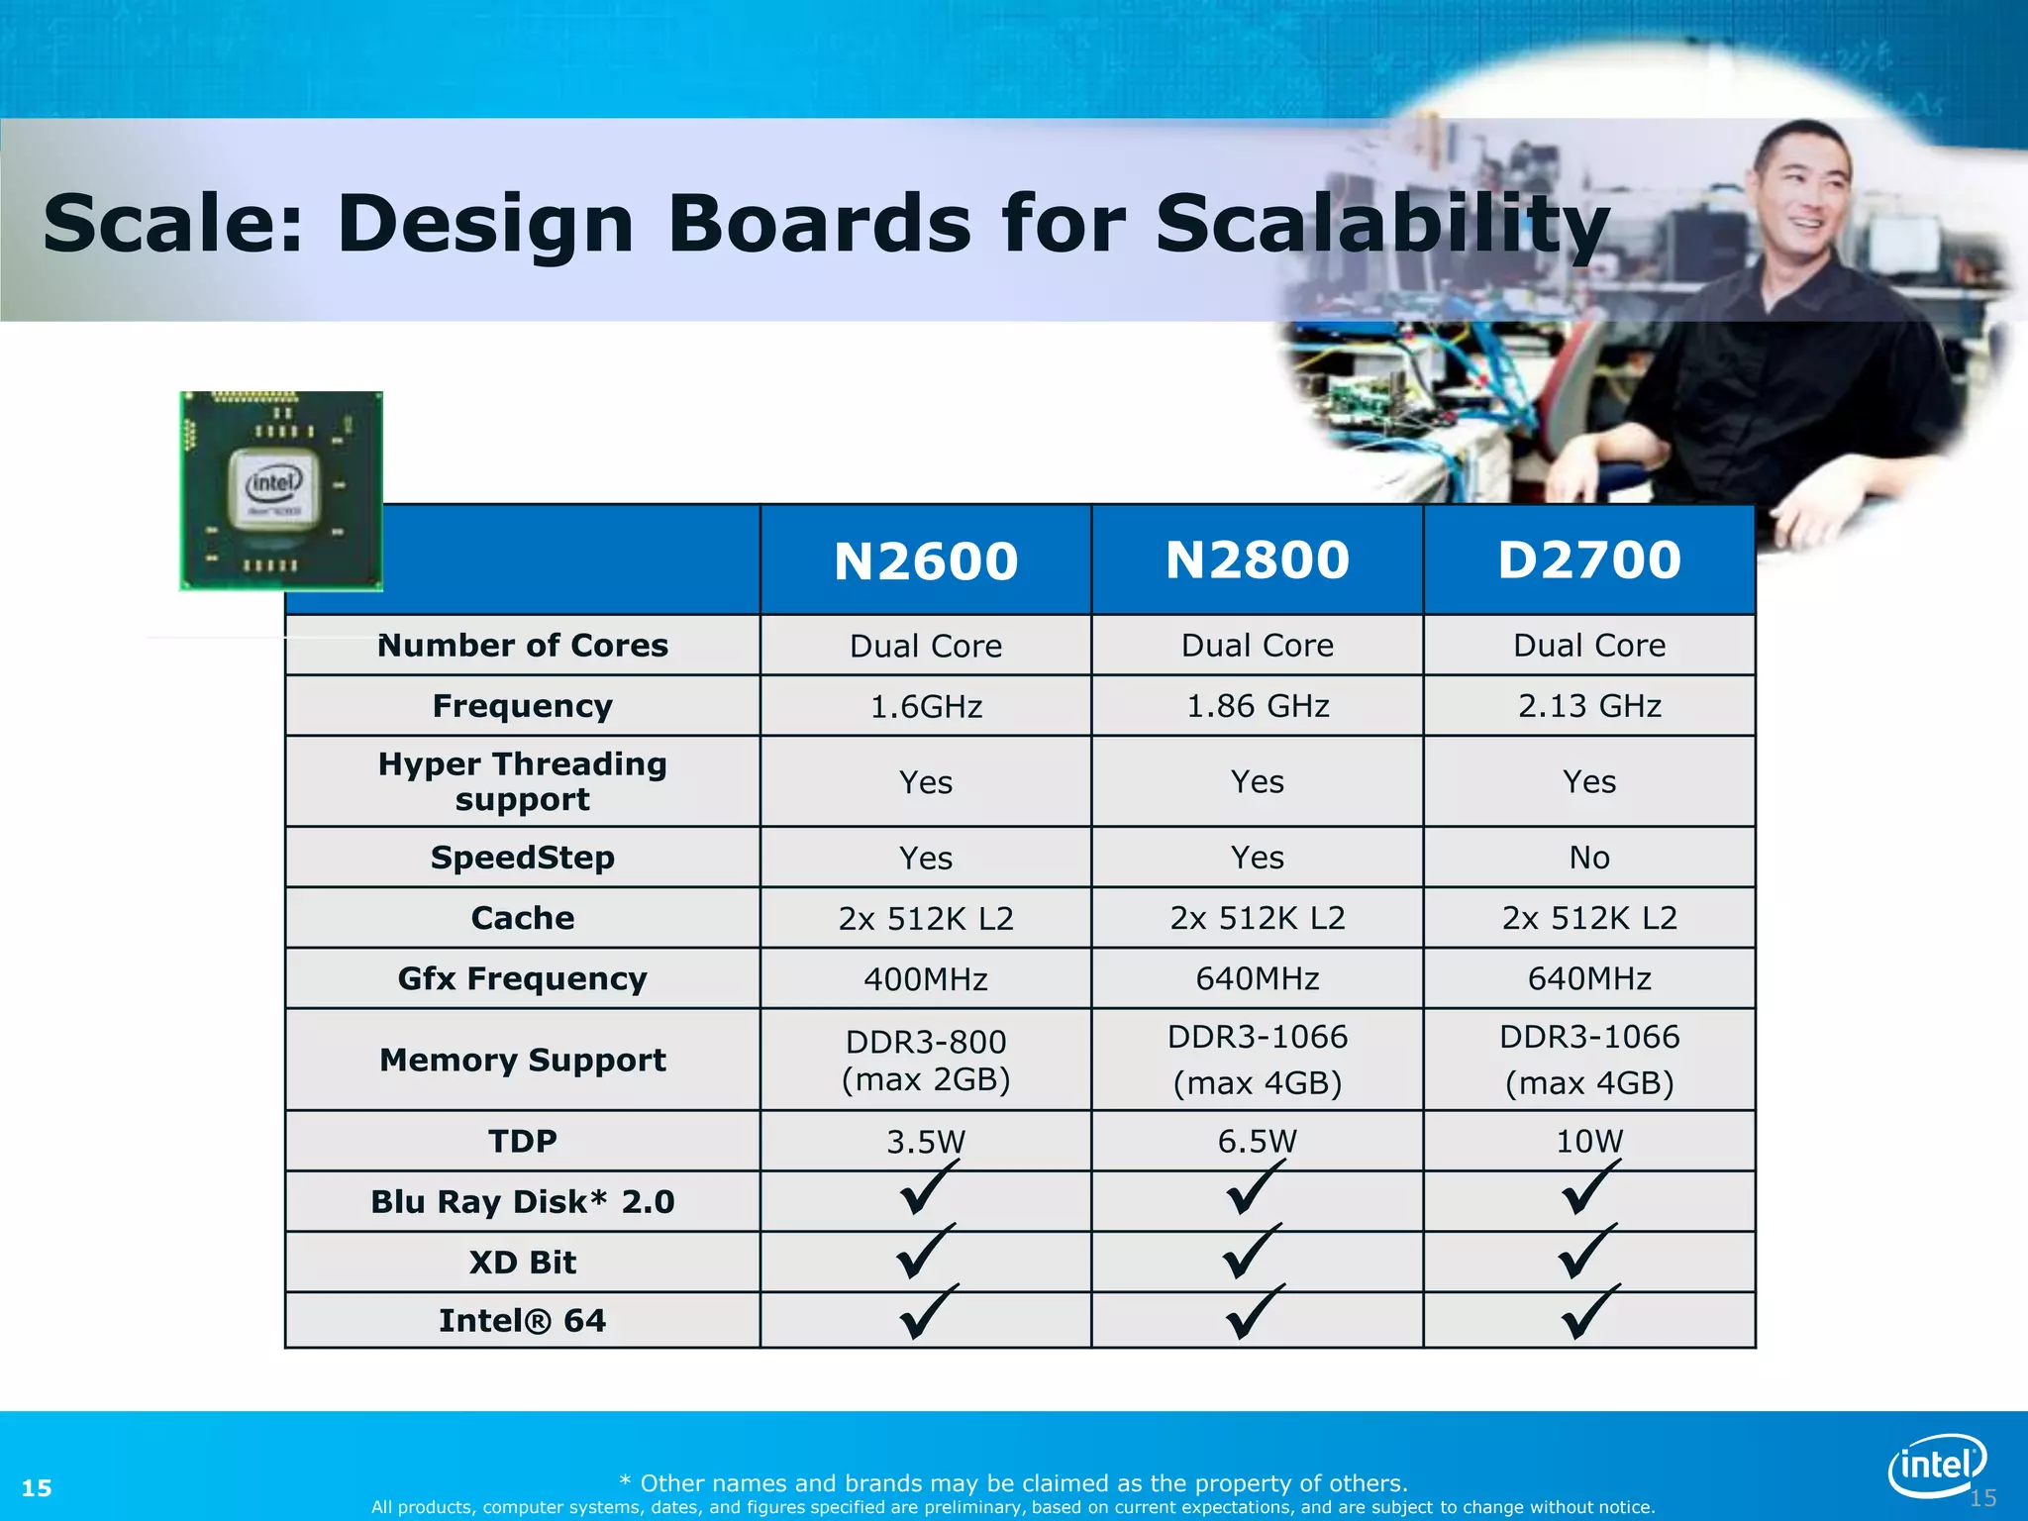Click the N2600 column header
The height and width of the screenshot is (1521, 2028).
(926, 560)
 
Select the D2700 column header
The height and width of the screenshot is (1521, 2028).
(1589, 559)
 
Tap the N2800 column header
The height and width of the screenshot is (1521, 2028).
(1258, 559)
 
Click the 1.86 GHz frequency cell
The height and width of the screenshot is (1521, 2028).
(1258, 706)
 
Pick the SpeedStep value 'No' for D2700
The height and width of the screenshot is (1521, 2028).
(1589, 858)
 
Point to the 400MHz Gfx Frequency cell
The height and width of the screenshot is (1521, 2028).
(926, 979)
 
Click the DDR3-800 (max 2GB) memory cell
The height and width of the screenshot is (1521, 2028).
(926, 1060)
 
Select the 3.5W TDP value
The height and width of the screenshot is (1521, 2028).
(926, 1142)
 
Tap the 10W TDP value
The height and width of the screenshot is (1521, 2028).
(1589, 1142)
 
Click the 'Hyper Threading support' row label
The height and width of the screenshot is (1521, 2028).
(523, 781)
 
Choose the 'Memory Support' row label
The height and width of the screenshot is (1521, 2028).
(523, 1060)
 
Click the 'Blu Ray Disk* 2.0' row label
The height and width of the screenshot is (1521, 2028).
(523, 1202)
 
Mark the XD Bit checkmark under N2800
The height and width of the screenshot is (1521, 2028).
(1252, 1252)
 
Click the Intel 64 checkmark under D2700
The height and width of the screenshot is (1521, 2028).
(1589, 1312)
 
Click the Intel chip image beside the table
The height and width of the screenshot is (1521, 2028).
(281, 491)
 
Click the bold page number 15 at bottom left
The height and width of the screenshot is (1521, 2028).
(37, 1488)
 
